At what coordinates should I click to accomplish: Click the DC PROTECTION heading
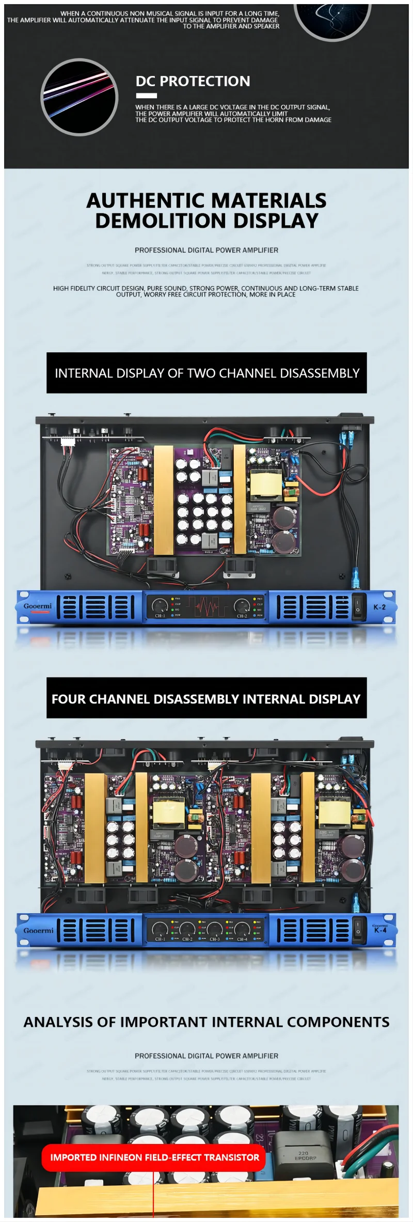pos(193,81)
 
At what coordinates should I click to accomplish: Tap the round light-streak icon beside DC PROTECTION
pos(80,97)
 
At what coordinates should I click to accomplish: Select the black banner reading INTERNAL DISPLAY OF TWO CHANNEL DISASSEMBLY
pos(206,373)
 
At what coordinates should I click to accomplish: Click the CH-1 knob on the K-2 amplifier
pos(160,605)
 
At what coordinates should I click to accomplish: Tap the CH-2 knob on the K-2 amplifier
pos(242,605)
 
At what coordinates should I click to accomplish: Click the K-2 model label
pos(379,607)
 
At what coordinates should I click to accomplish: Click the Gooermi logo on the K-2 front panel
pos(38,606)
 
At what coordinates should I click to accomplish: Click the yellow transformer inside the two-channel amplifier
pos(266,485)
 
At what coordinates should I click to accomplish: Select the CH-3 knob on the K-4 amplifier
pos(215,929)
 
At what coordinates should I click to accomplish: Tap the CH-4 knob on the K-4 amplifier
pos(242,929)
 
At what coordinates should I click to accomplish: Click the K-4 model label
pos(380,930)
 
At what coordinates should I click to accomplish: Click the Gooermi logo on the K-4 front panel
pos(38,930)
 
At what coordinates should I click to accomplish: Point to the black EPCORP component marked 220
pos(303,1150)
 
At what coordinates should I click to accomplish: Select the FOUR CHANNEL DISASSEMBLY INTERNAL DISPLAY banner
pos(206,698)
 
